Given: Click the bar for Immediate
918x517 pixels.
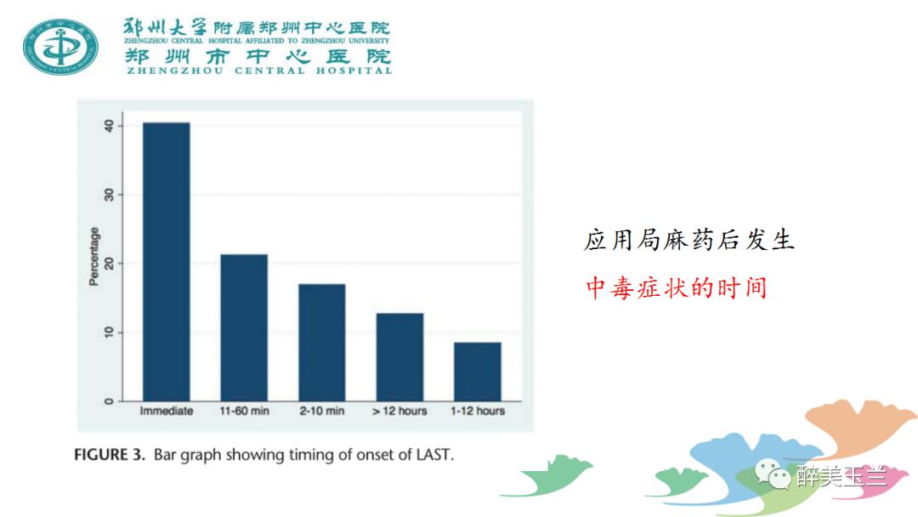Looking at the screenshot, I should (x=166, y=262).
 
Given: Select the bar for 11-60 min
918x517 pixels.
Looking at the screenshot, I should (x=244, y=327).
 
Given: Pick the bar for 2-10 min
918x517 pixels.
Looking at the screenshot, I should (x=321, y=342).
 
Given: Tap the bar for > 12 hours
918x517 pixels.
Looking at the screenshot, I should (x=399, y=356).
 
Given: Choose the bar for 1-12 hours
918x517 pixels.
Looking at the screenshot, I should (x=478, y=371).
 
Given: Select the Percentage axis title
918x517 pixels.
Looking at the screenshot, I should (x=94, y=256).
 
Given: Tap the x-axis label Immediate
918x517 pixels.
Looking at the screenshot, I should (x=166, y=411).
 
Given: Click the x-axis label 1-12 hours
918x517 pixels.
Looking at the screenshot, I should (x=478, y=411).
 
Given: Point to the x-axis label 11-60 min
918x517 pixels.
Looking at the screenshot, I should (x=244, y=411).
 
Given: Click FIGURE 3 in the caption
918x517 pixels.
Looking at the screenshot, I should (x=111, y=454).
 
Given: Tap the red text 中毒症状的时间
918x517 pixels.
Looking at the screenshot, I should (x=676, y=287).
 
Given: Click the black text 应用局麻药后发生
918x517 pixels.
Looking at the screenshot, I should (x=688, y=240).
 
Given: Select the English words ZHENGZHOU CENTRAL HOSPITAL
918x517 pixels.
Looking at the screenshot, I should (x=258, y=71).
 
